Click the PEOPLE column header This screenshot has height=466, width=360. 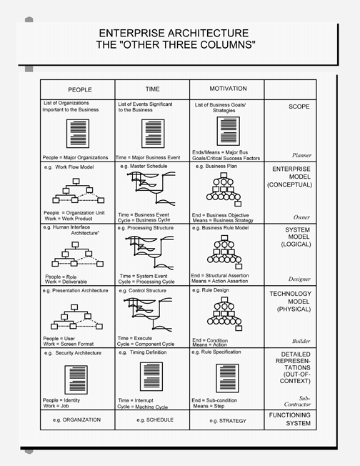tap(80, 90)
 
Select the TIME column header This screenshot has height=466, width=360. tap(152, 89)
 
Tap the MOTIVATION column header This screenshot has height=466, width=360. tap(228, 89)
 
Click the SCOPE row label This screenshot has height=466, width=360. tap(299, 106)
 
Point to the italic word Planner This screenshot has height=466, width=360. tap(301, 155)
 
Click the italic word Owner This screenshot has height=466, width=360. tap(301, 217)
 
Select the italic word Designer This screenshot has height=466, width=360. tap(299, 279)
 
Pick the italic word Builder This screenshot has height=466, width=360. tap(301, 341)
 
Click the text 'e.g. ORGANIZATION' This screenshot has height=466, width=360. tap(76, 420)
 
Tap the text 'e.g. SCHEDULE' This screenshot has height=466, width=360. tap(155, 420)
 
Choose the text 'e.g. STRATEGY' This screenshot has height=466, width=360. tap(228, 421)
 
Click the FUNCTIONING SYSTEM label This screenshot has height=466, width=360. tap(290, 419)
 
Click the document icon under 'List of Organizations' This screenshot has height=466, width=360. tap(78, 134)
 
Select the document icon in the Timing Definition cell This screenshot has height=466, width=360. tap(151, 377)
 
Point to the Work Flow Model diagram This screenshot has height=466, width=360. tap(79, 191)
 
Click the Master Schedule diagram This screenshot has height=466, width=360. tap(151, 188)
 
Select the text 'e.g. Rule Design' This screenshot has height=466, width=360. tap(211, 290)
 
